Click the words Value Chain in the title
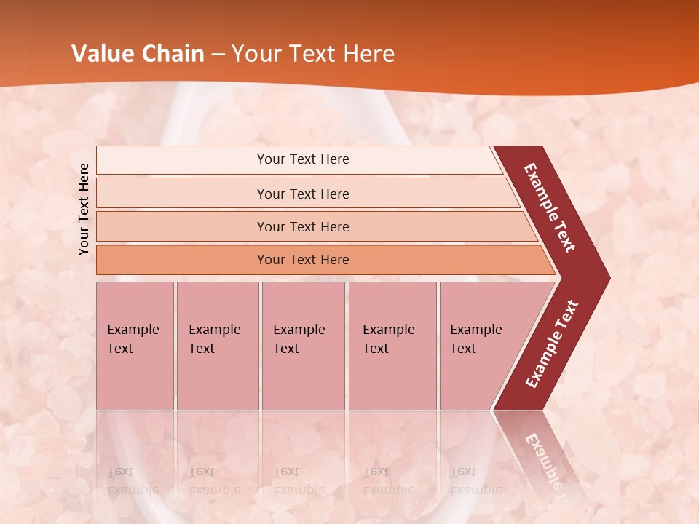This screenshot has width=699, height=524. coord(138,54)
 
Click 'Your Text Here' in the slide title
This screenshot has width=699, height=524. coord(313,54)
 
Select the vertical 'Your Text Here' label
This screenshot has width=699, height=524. coord(84,209)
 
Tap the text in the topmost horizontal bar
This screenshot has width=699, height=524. coord(303,159)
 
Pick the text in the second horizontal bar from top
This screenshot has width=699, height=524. coord(303,194)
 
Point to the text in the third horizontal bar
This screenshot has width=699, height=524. coord(303,227)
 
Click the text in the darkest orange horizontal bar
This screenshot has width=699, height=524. coord(303,260)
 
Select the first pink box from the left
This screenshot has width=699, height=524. coord(135,346)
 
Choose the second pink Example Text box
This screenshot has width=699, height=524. coord(217,346)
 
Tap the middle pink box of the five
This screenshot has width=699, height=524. coord(303,346)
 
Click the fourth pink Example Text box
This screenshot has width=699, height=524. coord(392,346)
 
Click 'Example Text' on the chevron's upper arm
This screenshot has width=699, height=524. coord(550,207)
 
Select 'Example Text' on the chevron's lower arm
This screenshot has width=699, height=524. coord(552,344)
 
